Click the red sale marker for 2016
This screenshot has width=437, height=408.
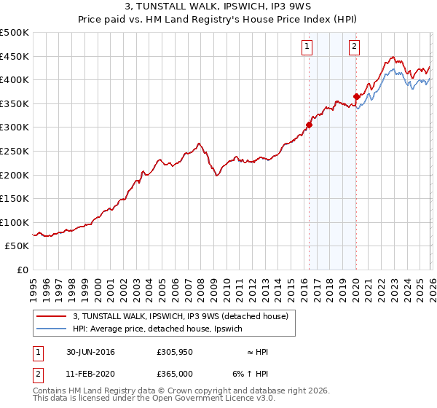coord(309,125)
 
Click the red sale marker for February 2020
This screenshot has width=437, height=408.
coord(356,96)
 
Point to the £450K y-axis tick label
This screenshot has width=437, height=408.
coord(14,56)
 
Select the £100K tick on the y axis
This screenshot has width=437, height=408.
coord(14,222)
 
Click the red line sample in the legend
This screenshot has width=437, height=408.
coord(52,316)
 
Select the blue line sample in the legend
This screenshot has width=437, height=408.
coord(52,329)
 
